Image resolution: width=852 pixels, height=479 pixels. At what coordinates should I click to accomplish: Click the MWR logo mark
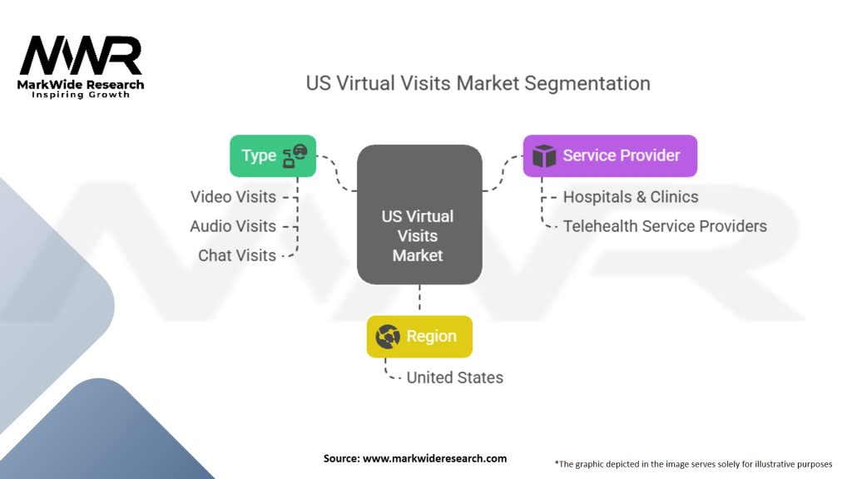[x=81, y=57]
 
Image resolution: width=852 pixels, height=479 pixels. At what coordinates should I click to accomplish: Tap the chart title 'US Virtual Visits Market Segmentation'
[x=478, y=83]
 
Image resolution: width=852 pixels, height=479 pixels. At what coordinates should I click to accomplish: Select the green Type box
[x=273, y=156]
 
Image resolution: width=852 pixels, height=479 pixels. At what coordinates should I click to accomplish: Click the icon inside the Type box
[x=295, y=156]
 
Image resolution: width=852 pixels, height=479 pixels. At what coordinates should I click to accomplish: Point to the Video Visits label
[x=233, y=197]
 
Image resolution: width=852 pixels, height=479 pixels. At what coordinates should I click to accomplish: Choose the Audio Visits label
[x=233, y=226]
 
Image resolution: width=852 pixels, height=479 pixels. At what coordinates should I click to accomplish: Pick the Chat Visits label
[x=237, y=255]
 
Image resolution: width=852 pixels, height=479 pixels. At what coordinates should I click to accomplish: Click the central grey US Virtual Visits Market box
[x=419, y=215]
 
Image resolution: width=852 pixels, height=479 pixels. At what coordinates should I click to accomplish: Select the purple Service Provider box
[x=610, y=156]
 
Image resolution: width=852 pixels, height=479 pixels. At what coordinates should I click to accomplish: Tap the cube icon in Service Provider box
[x=544, y=156]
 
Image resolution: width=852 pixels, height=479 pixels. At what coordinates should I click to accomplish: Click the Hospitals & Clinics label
[x=631, y=197]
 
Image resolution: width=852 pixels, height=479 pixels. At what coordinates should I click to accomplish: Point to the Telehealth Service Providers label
[x=665, y=226]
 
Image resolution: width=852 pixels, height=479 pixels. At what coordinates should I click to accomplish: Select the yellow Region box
[x=419, y=337]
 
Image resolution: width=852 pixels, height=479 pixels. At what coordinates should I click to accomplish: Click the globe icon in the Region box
[x=388, y=337]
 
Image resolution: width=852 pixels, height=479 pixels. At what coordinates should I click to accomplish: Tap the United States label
[x=454, y=378]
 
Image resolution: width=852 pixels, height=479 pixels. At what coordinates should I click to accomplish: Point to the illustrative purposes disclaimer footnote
[x=693, y=463]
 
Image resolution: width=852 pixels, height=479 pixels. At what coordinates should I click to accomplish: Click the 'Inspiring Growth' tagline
[x=81, y=95]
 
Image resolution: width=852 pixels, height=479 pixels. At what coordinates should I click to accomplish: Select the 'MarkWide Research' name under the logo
[x=81, y=85]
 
